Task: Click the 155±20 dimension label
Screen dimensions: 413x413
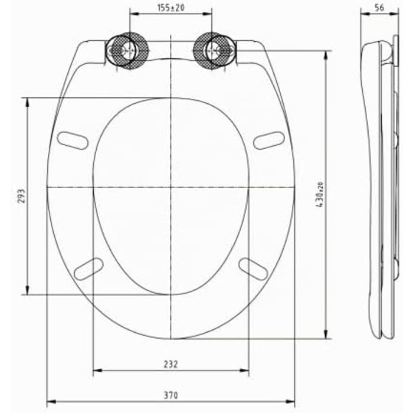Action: (x=171, y=8)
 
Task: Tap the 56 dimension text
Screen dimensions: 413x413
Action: (x=379, y=8)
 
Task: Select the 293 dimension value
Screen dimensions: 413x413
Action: (x=22, y=196)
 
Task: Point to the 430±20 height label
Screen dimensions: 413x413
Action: (x=320, y=195)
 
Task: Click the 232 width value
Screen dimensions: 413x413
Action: (x=171, y=364)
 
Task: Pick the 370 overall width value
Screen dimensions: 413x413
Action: (x=171, y=395)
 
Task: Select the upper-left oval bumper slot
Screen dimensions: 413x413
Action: (x=73, y=140)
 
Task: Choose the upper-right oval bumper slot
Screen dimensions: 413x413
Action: (x=269, y=140)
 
